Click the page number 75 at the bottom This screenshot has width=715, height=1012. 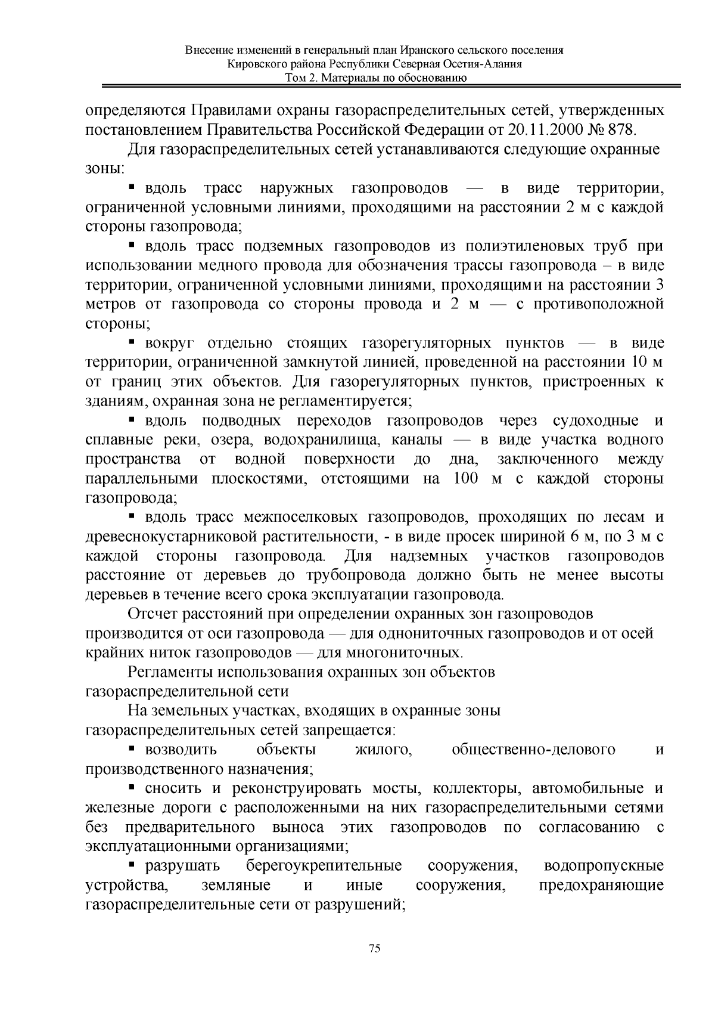click(375, 948)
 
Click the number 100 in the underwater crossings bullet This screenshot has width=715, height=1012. click(467, 478)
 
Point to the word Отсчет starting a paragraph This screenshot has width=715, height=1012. click(156, 614)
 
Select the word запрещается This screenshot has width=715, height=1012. click(352, 730)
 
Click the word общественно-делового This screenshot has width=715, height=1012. click(533, 750)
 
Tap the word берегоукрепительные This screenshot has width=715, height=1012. click(324, 866)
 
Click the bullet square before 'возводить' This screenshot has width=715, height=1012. click(133, 748)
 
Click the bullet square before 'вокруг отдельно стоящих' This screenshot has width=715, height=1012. click(133, 342)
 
